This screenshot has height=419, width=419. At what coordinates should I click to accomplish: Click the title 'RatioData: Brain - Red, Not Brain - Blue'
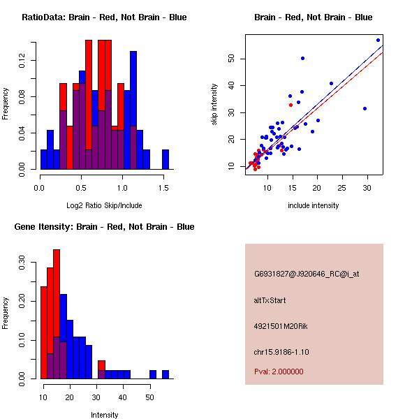coord(104,17)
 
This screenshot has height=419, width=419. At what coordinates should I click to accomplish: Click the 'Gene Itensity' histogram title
coord(104,227)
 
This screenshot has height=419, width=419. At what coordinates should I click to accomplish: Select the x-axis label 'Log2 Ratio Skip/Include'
coord(104,205)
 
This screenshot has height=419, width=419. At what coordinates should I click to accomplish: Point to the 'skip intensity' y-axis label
coord(214,105)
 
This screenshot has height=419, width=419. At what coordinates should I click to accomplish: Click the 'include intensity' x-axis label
coord(314,205)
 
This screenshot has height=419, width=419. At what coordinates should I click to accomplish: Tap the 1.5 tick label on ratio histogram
coord(164,188)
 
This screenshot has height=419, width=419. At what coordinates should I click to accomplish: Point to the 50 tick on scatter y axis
coord(231,59)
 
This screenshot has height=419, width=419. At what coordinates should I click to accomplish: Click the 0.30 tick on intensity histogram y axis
coord(22,265)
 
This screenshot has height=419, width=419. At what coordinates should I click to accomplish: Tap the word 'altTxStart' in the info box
coord(270,300)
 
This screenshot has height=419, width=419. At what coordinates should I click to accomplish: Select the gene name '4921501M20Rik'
coord(277,326)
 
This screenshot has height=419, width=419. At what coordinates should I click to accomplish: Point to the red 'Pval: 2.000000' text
coord(279,372)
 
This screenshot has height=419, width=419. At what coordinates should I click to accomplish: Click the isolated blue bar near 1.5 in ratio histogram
coord(166,159)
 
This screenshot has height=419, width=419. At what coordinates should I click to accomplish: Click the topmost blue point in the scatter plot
coord(378,40)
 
